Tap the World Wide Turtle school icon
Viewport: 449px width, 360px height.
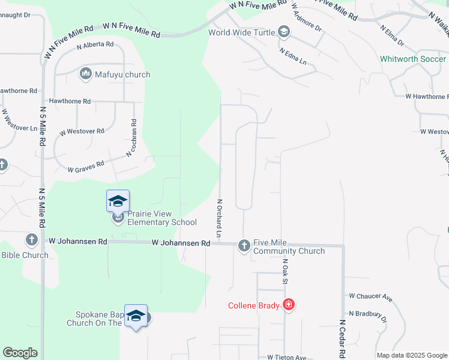coord(283,32)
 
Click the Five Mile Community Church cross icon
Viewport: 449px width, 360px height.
coord(244,245)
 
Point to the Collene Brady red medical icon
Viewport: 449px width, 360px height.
coord(289,305)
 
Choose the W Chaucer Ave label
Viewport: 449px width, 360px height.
coord(370,297)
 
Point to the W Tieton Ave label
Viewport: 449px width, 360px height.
coord(287,357)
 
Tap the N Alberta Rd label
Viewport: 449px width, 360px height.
coord(95,44)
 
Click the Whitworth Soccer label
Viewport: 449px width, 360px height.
coord(413,59)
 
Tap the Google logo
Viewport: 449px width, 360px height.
coord(20,353)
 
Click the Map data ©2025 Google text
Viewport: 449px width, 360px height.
coord(411,355)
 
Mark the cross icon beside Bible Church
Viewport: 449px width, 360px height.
coord(32,240)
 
